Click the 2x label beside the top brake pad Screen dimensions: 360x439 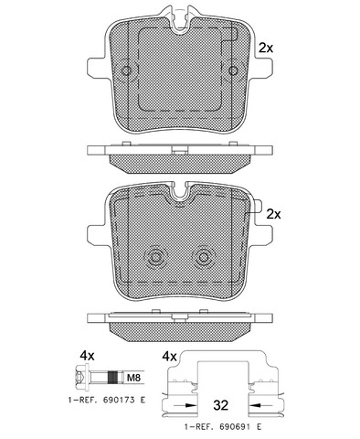pyautogui.click(x=266, y=48)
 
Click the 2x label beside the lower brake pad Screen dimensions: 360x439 pyautogui.click(x=273, y=214)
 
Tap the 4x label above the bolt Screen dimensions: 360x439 pyautogui.click(x=87, y=356)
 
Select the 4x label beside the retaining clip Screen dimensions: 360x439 pyautogui.click(x=169, y=356)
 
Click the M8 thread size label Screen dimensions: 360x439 pyautogui.click(x=133, y=379)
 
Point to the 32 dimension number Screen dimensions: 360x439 pyautogui.click(x=220, y=405)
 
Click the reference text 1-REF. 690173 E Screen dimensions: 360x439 pyautogui.click(x=107, y=400)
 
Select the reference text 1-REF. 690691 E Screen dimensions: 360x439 pyautogui.click(x=223, y=427)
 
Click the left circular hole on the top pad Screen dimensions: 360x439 pyautogui.click(x=126, y=70)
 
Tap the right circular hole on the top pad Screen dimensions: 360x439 pyautogui.click(x=234, y=70)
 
